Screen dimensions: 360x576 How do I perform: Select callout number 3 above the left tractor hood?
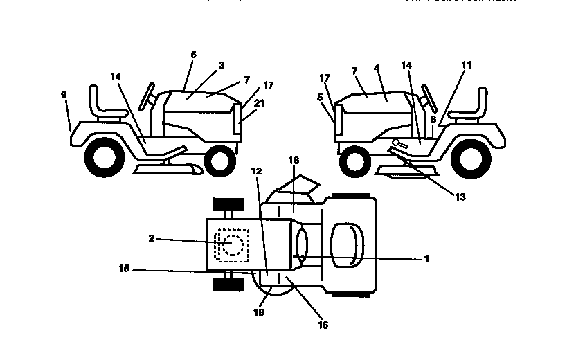click(x=221, y=65)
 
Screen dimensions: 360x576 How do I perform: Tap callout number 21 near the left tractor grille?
click(x=259, y=102)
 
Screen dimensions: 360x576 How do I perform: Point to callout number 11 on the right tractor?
click(x=466, y=64)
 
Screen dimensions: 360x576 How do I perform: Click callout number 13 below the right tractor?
click(x=460, y=197)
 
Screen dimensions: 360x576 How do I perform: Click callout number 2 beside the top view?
click(x=151, y=238)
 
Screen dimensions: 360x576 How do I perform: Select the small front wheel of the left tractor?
click(x=219, y=161)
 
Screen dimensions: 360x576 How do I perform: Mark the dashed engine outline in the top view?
click(x=231, y=245)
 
